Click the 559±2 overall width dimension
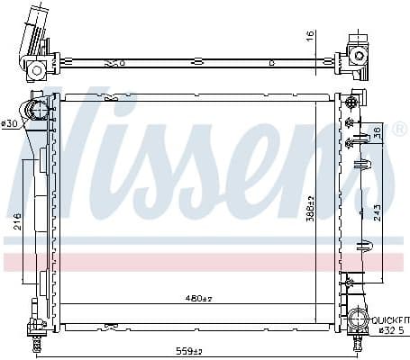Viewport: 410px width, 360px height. pyautogui.click(x=189, y=351)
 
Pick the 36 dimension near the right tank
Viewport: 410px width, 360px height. pyautogui.click(x=377, y=130)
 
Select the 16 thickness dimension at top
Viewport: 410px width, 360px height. pyautogui.click(x=308, y=37)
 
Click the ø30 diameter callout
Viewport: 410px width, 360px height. pyautogui.click(x=10, y=122)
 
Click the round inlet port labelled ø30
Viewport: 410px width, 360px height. pyautogui.click(x=39, y=112)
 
